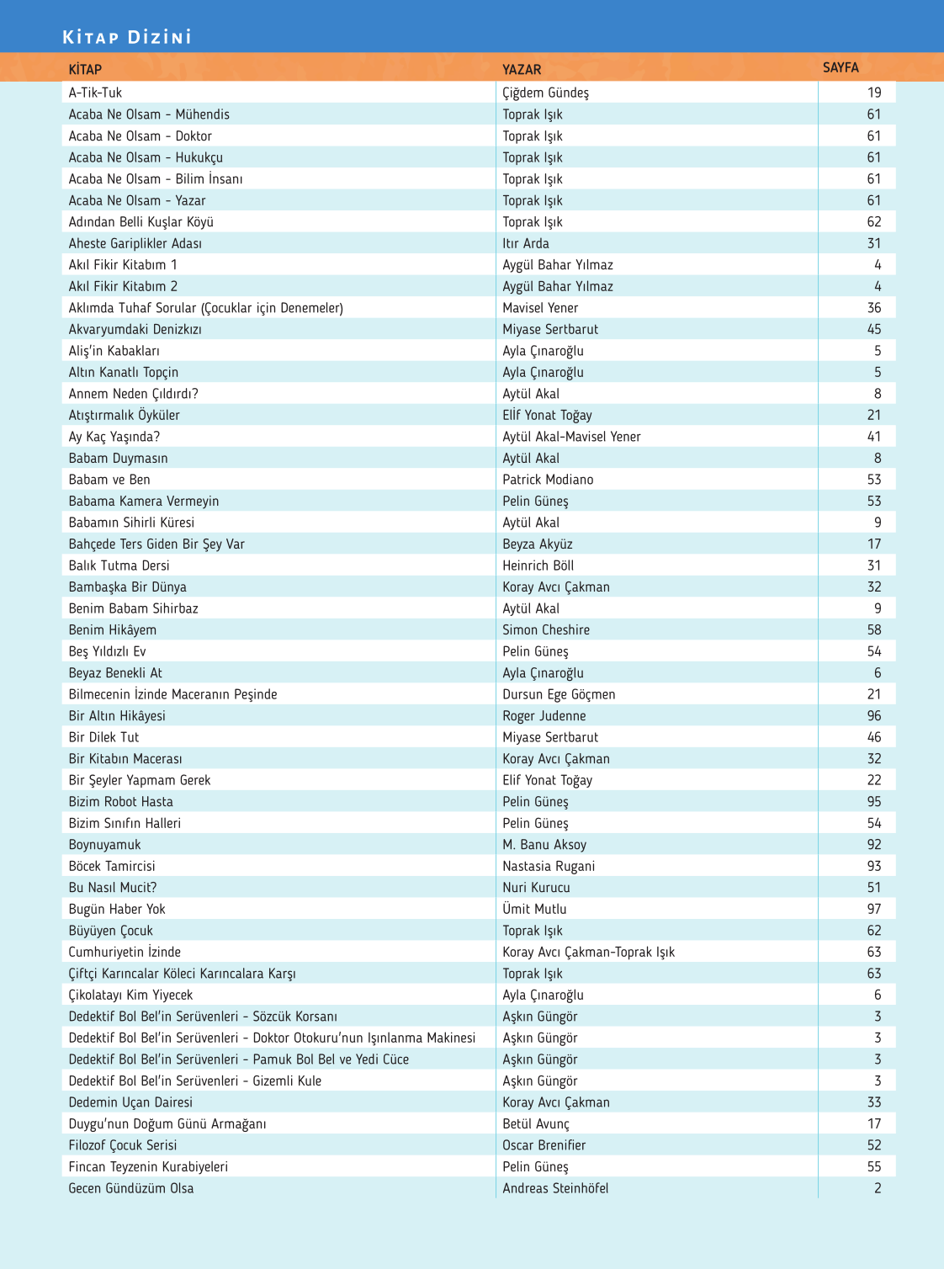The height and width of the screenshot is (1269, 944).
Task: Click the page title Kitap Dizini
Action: [127, 37]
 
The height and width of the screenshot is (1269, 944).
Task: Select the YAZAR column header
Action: [522, 69]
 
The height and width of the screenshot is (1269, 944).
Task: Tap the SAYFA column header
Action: [841, 67]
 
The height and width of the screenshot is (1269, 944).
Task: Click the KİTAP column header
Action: [85, 69]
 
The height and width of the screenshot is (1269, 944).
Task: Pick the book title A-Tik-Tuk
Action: [95, 93]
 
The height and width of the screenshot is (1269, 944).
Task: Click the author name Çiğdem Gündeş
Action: [545, 93]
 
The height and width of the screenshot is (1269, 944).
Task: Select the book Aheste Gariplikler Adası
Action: [135, 243]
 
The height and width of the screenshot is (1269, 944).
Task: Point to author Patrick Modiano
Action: [548, 480]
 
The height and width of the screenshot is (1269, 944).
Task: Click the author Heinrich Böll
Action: [538, 565]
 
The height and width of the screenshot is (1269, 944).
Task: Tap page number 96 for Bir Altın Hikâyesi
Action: [874, 716]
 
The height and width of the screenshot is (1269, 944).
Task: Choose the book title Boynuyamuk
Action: [104, 845]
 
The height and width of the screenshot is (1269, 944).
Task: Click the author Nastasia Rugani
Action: [549, 866]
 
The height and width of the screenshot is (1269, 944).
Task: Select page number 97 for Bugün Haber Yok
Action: [874, 909]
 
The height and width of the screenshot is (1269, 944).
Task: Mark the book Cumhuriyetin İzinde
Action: [125, 952]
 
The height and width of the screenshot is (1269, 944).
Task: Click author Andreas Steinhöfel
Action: [555, 1188]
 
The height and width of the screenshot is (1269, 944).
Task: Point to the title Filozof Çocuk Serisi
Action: [123, 1145]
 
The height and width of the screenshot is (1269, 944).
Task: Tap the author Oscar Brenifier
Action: [544, 1145]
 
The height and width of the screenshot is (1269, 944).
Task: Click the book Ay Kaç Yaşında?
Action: [114, 437]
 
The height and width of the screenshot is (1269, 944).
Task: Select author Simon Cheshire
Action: [546, 630]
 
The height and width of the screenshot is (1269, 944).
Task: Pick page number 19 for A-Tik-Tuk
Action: [874, 93]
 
